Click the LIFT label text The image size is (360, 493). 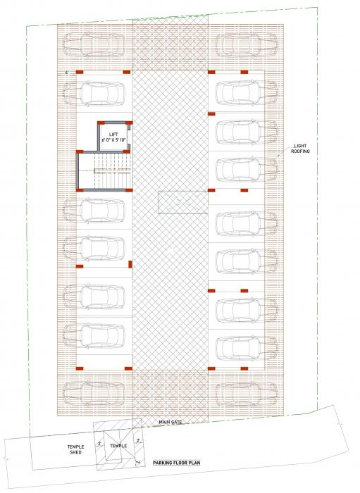(112, 134)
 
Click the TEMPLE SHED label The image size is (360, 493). (75, 449)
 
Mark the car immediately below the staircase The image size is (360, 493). (101, 210)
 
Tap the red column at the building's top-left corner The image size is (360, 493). (80, 72)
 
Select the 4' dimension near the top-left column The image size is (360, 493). (66, 73)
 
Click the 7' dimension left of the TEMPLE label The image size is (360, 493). (100, 444)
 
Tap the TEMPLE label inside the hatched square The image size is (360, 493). (118, 446)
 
